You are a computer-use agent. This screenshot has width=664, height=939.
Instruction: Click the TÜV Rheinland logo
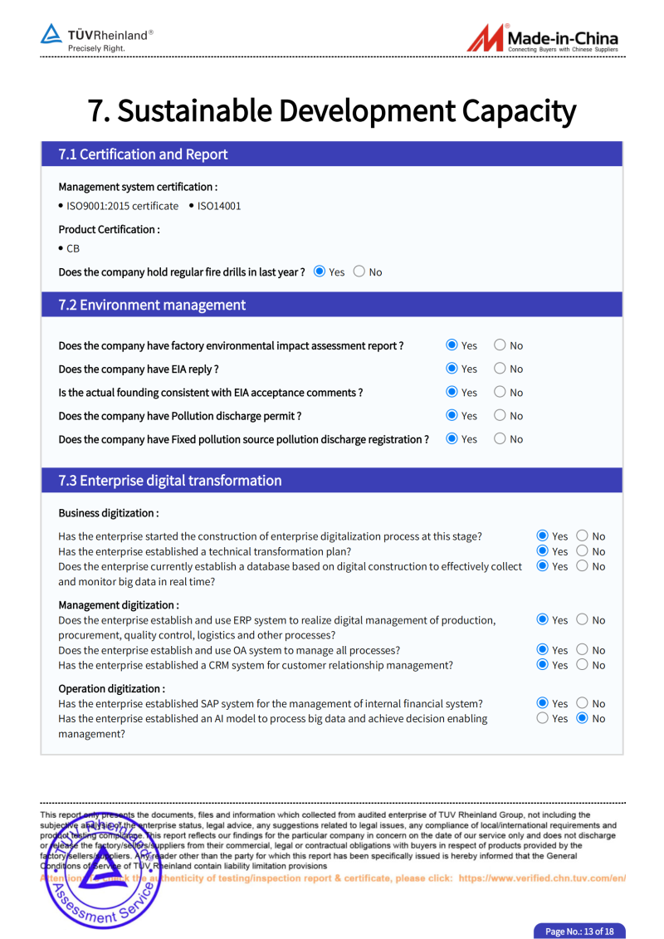click(x=97, y=37)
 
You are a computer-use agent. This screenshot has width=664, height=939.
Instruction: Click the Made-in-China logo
click(x=543, y=38)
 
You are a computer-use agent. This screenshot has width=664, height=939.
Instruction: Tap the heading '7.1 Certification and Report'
click(x=143, y=154)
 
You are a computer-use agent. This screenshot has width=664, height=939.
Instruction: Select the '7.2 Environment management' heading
click(x=152, y=305)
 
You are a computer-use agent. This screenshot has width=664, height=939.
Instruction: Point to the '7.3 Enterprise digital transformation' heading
click(x=170, y=481)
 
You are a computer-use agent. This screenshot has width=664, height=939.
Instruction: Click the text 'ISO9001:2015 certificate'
click(x=122, y=206)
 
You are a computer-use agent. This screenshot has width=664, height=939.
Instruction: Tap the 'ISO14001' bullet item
click(x=219, y=206)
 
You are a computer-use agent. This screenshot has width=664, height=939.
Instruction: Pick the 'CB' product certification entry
click(x=73, y=248)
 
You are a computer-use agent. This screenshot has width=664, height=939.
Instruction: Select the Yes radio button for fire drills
click(x=320, y=271)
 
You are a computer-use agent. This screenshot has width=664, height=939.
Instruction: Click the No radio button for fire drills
click(x=359, y=271)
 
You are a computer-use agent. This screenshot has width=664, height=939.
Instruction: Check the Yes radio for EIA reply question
click(x=452, y=369)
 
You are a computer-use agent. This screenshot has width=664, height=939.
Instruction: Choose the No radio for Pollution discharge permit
click(x=500, y=415)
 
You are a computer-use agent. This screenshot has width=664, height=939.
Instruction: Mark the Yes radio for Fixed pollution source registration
click(x=452, y=438)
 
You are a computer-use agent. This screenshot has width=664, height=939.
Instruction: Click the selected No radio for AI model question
click(x=583, y=718)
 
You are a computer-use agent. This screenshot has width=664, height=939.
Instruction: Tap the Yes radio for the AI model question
click(x=543, y=718)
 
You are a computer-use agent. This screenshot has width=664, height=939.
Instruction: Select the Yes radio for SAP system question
click(x=543, y=703)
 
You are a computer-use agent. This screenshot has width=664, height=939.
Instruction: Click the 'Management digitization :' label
click(x=119, y=605)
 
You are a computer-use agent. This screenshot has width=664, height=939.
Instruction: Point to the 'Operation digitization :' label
click(x=111, y=688)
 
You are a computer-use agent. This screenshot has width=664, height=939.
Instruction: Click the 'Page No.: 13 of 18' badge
click(x=579, y=931)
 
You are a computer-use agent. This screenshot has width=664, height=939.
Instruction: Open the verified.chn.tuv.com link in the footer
click(x=542, y=878)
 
